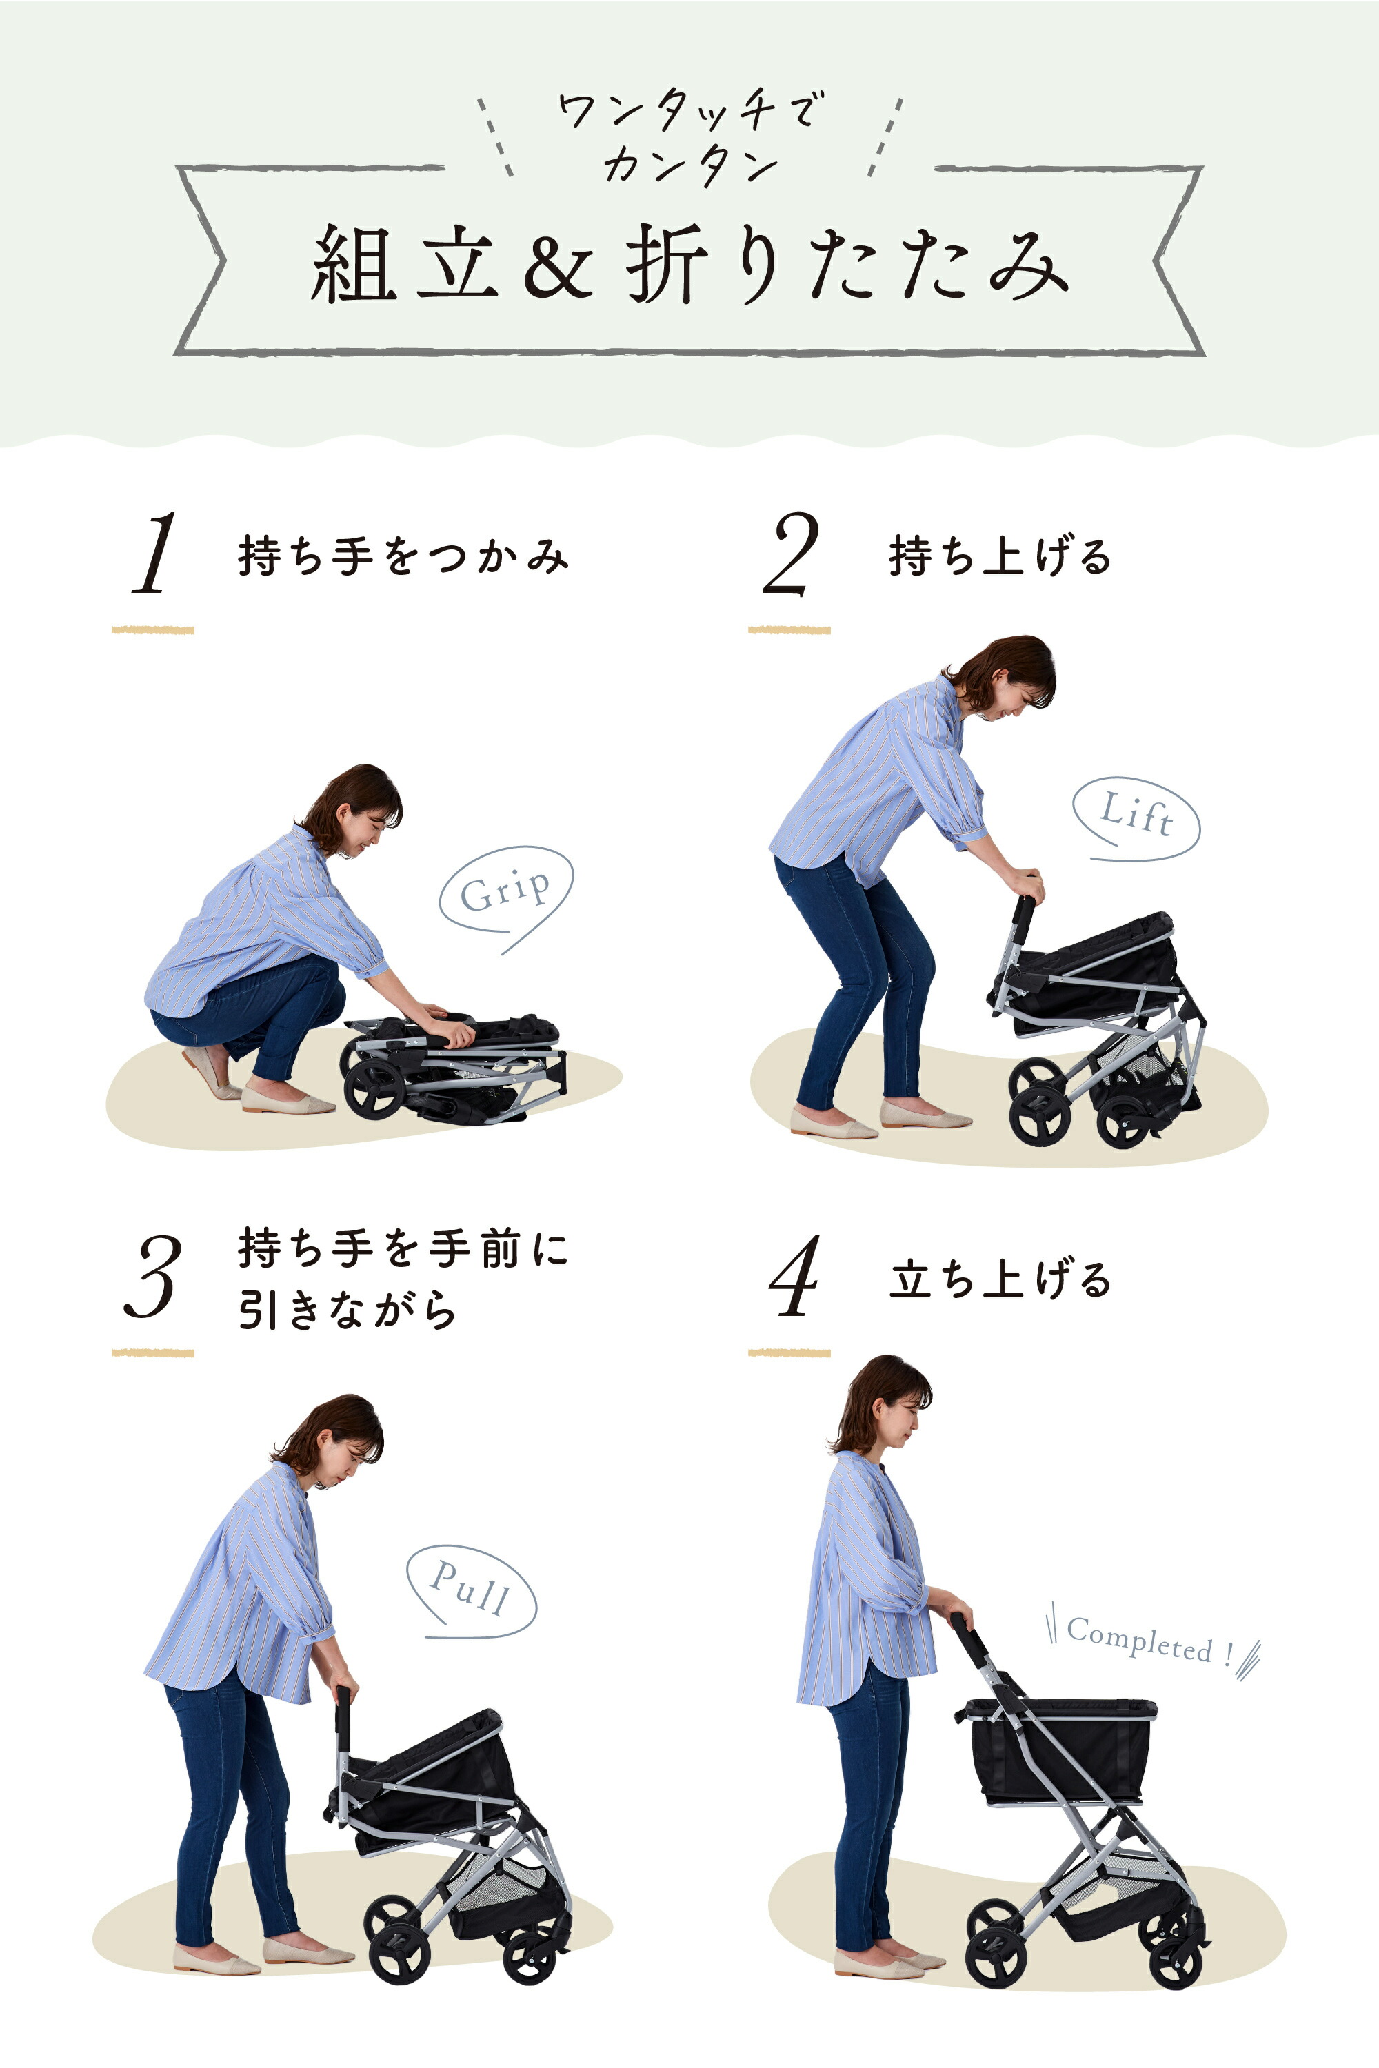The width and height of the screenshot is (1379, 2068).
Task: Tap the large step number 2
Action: pyautogui.click(x=789, y=555)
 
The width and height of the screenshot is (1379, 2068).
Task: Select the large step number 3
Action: pyautogui.click(x=153, y=1276)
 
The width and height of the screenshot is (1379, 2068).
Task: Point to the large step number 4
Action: pyautogui.click(x=794, y=1276)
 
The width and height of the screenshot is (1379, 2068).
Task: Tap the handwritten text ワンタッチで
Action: pyautogui.click(x=690, y=110)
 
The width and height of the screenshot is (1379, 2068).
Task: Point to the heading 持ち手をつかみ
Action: pyautogui.click(x=403, y=556)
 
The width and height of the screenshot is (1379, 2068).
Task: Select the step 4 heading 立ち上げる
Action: pyautogui.click(x=1000, y=1279)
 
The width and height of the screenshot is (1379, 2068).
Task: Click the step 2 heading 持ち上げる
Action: pyautogui.click(x=1000, y=556)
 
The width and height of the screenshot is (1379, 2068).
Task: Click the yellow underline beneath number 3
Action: pyautogui.click(x=153, y=1352)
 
